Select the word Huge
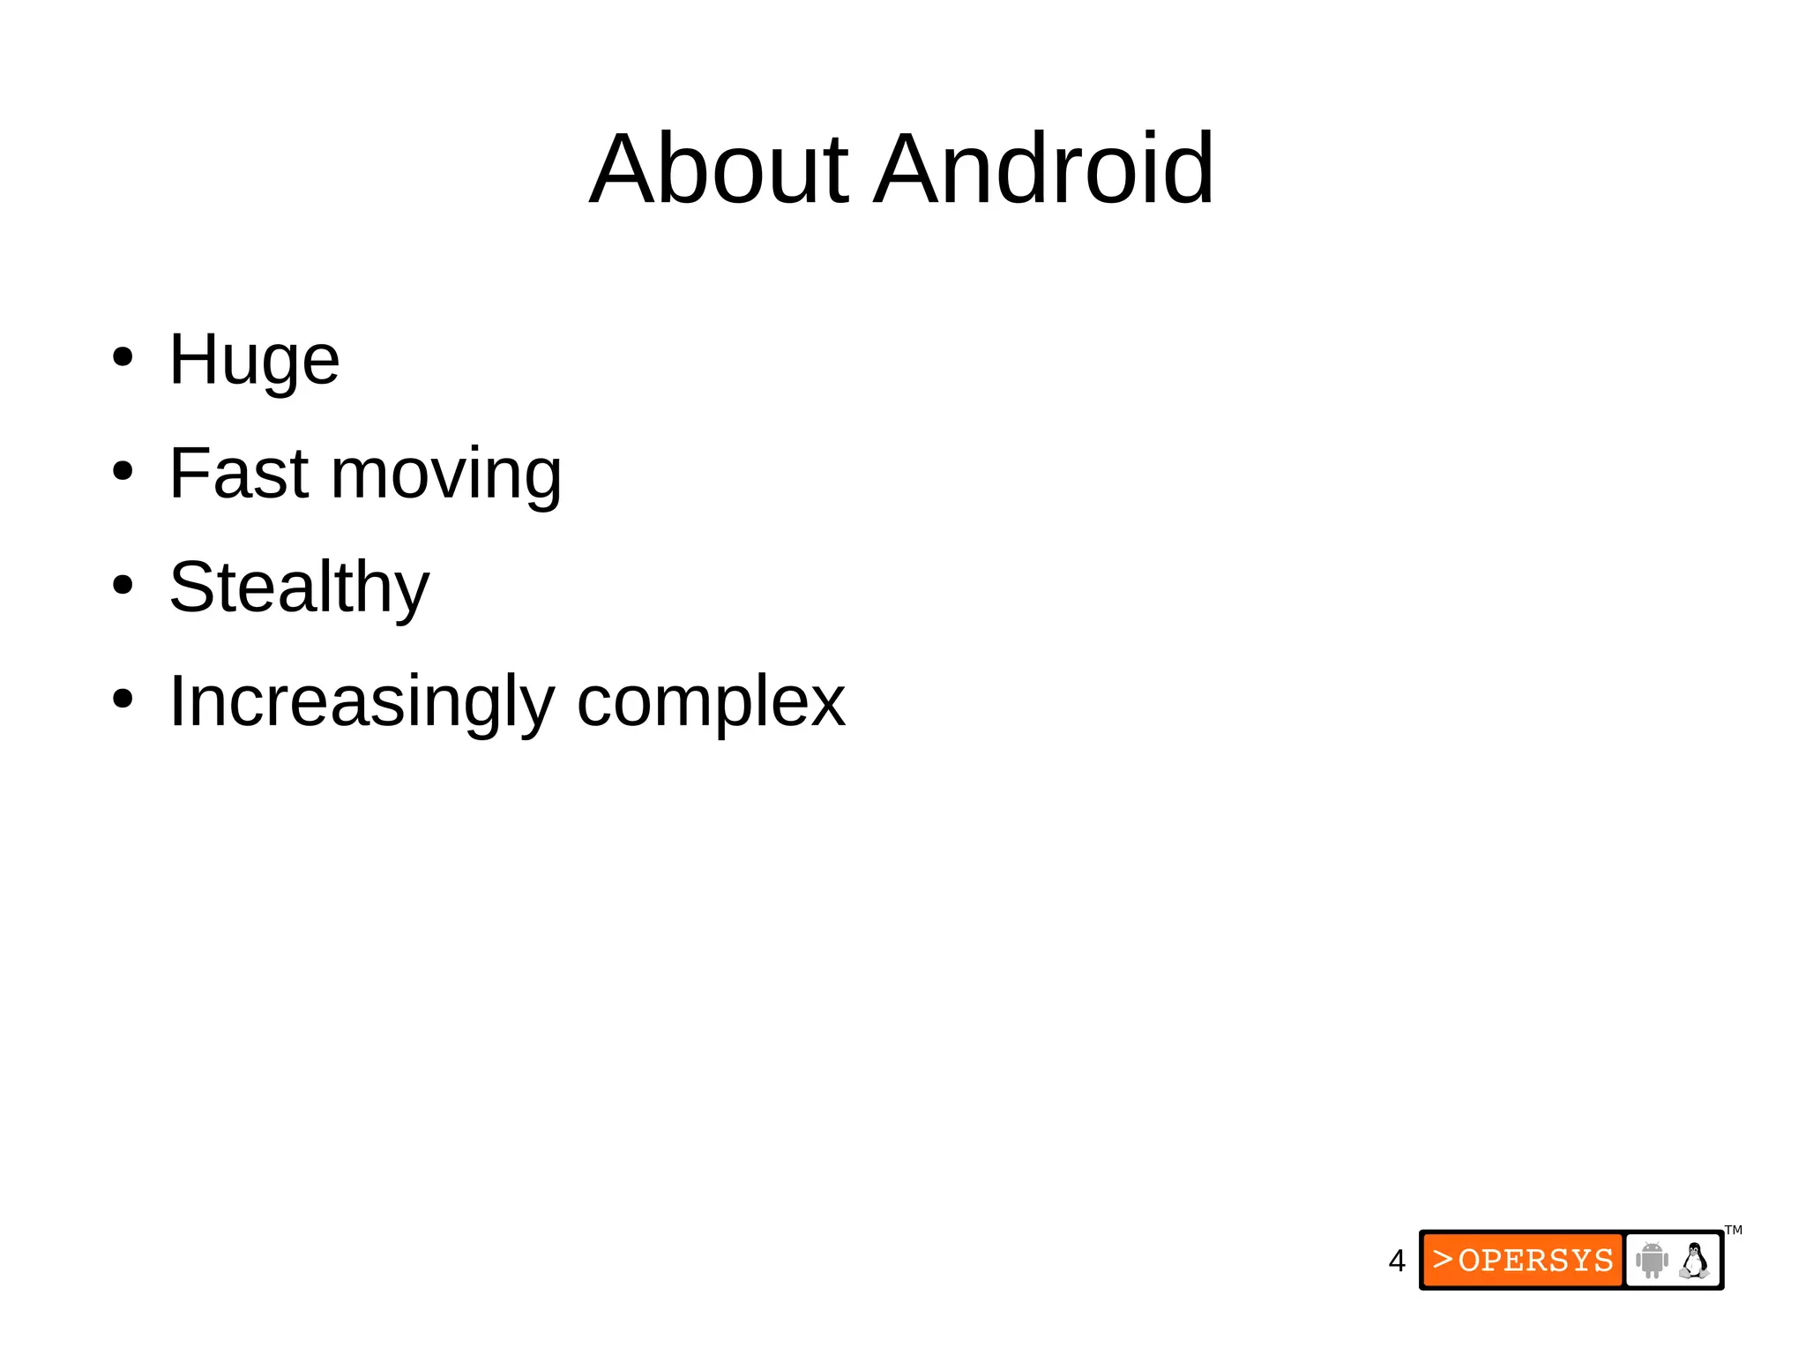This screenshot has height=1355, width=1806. click(254, 360)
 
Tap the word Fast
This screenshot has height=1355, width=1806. click(238, 474)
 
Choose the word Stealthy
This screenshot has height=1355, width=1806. click(299, 588)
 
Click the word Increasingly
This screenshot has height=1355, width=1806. click(362, 702)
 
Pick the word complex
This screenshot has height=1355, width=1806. click(711, 702)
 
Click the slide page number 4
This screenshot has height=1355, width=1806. click(1396, 1261)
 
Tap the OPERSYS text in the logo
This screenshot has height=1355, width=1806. click(1535, 1261)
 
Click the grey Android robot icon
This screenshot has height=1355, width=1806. click(1652, 1260)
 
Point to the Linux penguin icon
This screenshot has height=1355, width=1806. click(1694, 1260)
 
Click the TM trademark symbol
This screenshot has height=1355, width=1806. click(1733, 1230)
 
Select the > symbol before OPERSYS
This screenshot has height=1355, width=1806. click(1442, 1259)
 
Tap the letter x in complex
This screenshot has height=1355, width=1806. click(827, 703)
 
